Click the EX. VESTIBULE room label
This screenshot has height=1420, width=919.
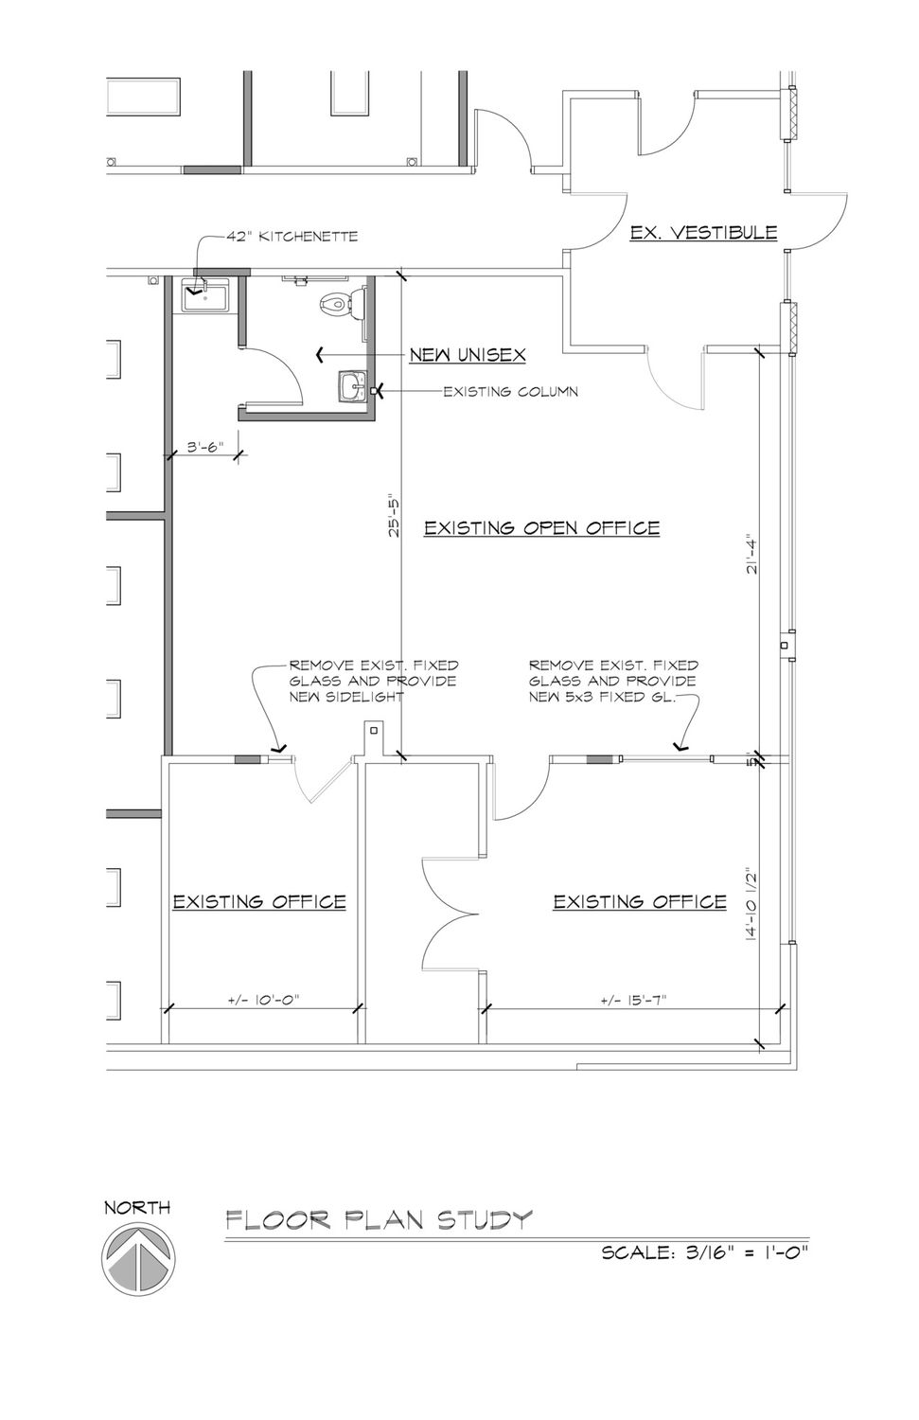[x=703, y=233]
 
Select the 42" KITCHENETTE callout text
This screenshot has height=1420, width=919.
[x=292, y=237]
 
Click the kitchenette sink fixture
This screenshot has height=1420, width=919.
[x=205, y=296]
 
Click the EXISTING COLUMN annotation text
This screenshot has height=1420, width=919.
[x=510, y=392]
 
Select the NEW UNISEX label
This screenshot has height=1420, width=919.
[x=468, y=354]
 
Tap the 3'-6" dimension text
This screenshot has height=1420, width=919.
[x=206, y=448]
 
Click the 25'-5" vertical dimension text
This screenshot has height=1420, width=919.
[x=395, y=515]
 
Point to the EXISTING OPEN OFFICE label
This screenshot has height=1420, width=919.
[x=542, y=528]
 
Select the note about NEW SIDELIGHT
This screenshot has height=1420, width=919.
[x=373, y=682]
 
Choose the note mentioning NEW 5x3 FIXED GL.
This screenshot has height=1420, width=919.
[x=613, y=682]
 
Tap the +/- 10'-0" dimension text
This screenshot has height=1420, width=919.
[x=263, y=1000]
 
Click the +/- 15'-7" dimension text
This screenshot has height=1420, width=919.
[x=634, y=1000]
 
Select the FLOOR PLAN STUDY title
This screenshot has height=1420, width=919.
[x=379, y=1220]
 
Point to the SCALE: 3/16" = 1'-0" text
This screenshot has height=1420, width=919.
[x=705, y=1252]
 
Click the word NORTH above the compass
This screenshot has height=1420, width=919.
[x=137, y=1208]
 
